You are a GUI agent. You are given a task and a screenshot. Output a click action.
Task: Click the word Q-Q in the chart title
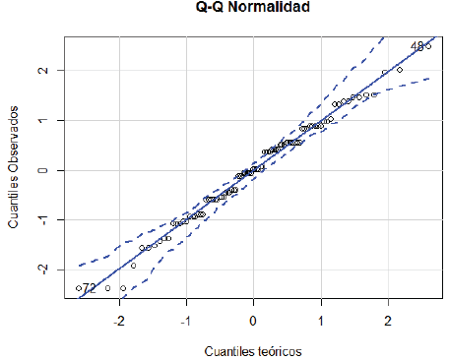pyautogui.click(x=210, y=9)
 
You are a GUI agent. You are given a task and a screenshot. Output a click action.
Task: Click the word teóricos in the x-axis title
pyautogui.click(x=279, y=350)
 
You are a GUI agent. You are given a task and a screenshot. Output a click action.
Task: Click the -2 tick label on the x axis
pyautogui.click(x=119, y=321)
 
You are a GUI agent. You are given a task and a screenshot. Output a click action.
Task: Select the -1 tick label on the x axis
pyautogui.click(x=185, y=321)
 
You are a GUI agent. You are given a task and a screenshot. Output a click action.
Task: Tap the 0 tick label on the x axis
pyautogui.click(x=253, y=321)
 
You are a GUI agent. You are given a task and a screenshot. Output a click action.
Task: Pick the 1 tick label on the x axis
pyautogui.click(x=320, y=321)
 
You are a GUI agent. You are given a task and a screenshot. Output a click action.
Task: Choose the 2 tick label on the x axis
pyautogui.click(x=387, y=321)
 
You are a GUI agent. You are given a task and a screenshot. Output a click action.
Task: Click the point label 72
pyautogui.click(x=90, y=288)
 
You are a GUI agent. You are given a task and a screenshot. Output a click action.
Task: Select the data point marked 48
pyautogui.click(x=428, y=46)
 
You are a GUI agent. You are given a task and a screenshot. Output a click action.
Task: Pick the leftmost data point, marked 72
pyautogui.click(x=78, y=288)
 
